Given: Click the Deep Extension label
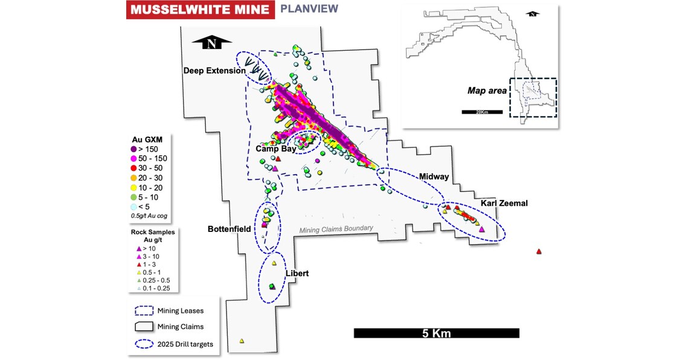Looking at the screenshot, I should point(214,71).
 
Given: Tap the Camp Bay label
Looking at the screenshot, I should point(275,149).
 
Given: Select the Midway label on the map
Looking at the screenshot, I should point(434,176).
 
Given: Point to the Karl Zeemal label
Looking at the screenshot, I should point(504,203).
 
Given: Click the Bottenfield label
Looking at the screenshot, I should point(230,229).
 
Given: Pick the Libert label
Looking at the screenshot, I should point(297,274).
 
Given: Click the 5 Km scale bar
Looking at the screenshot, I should point(436,333).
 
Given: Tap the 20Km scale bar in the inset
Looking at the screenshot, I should point(482,112).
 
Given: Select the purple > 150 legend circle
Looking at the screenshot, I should point(135,149).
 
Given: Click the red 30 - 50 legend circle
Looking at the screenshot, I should point(135,168).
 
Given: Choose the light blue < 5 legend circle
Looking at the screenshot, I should point(135,207).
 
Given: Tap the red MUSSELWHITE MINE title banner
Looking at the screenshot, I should point(196,10).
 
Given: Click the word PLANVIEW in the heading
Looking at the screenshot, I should point(308,9).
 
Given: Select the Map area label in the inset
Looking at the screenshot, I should point(486,91).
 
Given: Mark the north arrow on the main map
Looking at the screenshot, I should point(211,43).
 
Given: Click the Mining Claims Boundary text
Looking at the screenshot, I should point(336,229).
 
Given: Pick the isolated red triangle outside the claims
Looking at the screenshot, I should point(538,251).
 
